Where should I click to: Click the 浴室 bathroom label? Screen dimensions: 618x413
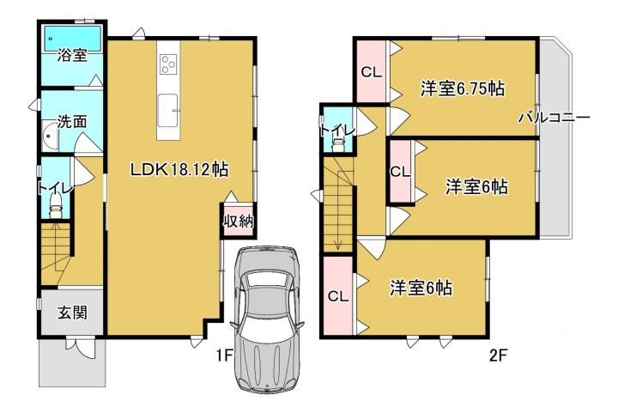72,55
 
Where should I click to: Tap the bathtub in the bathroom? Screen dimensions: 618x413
72,39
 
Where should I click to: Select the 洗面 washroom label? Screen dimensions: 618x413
72,122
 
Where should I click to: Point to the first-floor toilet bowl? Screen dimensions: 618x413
56,207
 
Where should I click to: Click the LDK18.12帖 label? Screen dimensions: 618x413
179,170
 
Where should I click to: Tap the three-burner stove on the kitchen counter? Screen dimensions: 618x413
168,64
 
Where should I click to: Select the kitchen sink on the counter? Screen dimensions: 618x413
168,111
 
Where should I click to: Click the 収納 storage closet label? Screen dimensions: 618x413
239,222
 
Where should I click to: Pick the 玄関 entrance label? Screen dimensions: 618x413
72,313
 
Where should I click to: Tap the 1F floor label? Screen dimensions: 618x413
225,356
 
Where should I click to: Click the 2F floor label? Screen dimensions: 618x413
498,356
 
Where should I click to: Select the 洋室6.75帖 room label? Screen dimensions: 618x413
463,88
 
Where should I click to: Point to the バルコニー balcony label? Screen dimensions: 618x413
554,118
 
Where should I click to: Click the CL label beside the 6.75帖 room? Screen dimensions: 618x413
372,72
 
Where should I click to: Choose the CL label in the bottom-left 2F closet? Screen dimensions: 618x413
338,296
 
